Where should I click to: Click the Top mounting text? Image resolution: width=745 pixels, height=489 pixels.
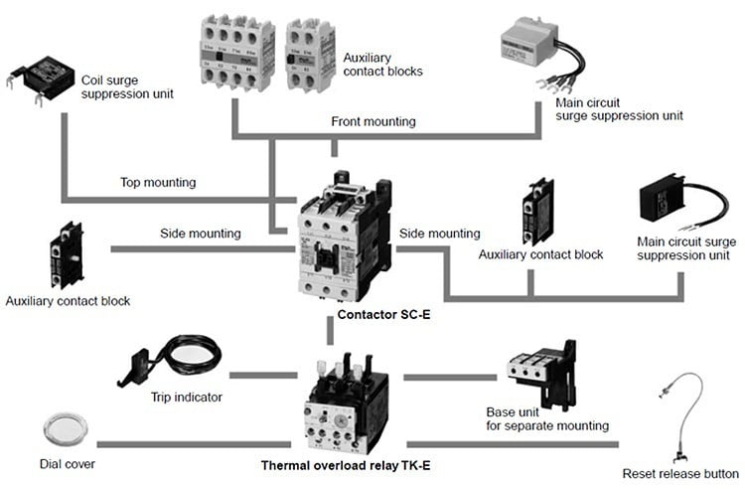pos(159,183)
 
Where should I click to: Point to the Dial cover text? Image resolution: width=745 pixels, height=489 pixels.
pos(67,463)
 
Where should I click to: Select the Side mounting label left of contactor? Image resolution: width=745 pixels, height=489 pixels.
pos(201,234)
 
